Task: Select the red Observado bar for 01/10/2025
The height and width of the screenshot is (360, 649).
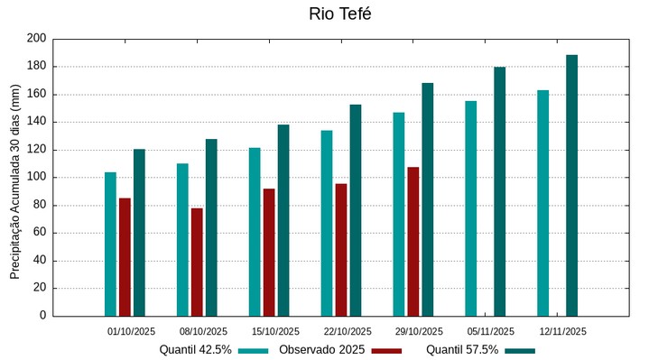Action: point(125,257)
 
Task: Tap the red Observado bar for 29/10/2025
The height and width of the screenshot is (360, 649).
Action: point(413,242)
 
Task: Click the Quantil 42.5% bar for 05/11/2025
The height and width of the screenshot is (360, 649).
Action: point(471,208)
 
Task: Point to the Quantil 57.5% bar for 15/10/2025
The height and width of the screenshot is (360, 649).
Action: point(283,220)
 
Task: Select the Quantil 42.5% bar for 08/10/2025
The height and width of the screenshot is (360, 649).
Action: point(182,239)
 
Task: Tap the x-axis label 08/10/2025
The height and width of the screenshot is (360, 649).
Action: point(203,331)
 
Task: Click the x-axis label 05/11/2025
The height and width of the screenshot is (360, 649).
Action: point(491,331)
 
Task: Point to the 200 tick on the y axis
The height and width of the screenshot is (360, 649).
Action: point(36,39)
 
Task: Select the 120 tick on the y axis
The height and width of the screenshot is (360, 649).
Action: point(36,150)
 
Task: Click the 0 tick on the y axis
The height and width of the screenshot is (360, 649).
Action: point(42,316)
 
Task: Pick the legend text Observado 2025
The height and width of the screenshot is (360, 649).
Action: point(321,350)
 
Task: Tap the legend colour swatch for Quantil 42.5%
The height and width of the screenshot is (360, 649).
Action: point(254,350)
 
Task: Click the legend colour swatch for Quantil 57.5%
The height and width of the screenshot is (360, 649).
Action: point(520,350)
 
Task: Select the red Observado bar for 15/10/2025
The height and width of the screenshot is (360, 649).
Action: point(269,252)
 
